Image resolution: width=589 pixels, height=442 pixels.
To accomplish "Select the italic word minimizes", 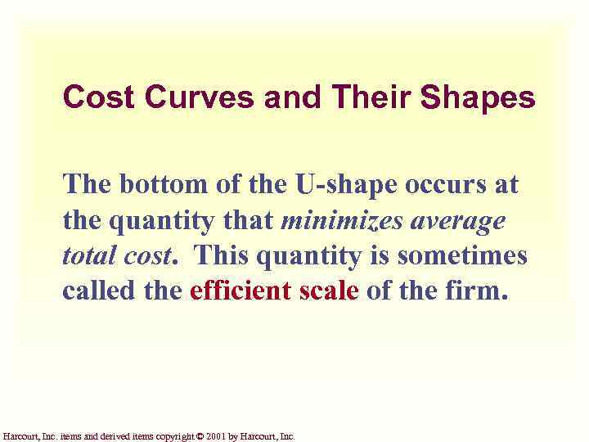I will [342, 220].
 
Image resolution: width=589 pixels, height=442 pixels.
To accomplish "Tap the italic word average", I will [457, 221].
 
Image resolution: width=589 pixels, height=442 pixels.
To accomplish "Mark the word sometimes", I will [463, 256].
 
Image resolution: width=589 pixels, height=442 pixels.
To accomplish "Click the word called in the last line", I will [92, 292].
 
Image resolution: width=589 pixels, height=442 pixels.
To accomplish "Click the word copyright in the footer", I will [168, 437].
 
